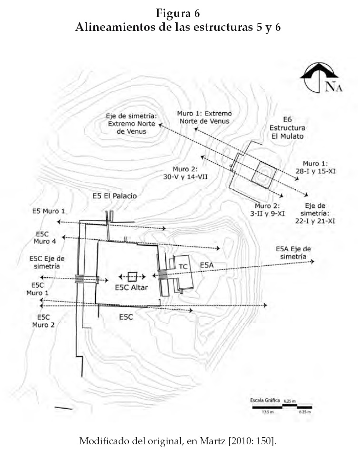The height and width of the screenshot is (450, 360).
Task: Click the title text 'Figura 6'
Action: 178,13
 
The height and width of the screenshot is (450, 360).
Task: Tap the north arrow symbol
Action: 320,78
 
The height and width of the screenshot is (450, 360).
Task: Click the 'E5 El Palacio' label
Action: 115,196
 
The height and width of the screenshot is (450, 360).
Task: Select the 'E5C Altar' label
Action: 131,288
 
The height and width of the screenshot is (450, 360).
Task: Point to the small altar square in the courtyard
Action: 132,277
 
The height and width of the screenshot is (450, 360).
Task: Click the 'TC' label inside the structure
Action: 183,266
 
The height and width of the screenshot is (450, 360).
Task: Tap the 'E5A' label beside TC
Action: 207,265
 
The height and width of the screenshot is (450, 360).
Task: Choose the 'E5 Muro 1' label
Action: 49,211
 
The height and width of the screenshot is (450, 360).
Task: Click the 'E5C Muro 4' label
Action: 45,238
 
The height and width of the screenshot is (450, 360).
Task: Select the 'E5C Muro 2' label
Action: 43,321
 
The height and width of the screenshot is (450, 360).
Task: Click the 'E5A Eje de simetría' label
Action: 293,253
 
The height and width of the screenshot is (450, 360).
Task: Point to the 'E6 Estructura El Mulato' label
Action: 287,127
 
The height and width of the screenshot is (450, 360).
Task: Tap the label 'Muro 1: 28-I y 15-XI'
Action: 315,167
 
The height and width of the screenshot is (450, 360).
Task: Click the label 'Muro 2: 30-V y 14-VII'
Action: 185,173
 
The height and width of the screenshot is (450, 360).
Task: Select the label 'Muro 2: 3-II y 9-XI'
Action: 267,210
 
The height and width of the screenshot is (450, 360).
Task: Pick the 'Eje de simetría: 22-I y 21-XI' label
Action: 315,213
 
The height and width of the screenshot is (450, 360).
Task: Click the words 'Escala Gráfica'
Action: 265,400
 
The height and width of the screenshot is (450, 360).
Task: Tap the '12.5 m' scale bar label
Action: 268,412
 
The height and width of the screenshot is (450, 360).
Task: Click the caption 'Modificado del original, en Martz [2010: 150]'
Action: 178,440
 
